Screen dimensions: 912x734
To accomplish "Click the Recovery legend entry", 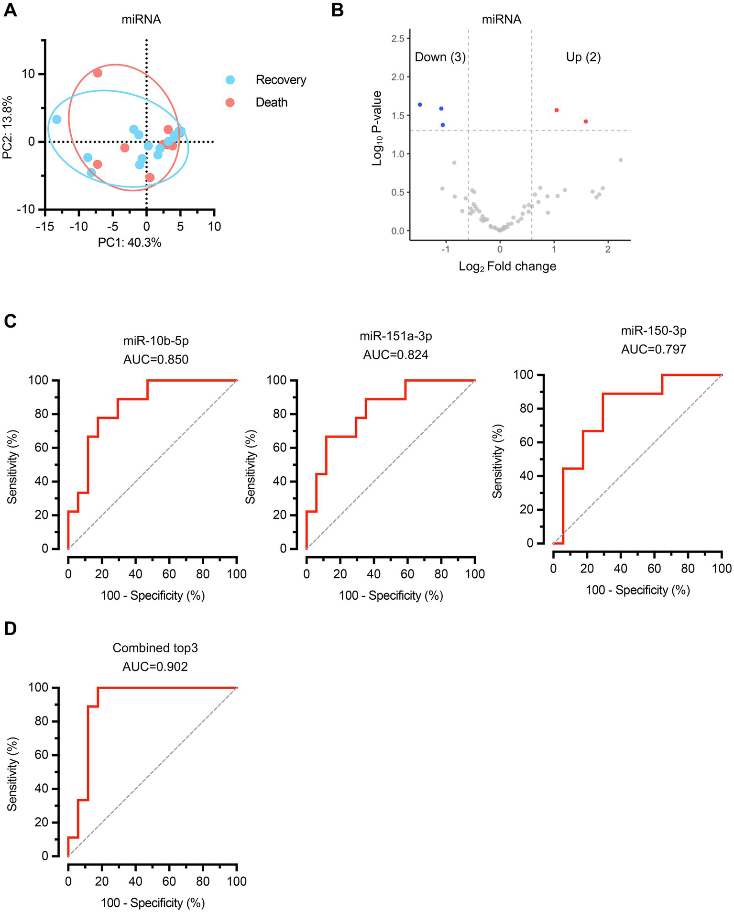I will pyautogui.click(x=280, y=80).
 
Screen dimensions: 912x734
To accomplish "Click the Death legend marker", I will pyautogui.click(x=230, y=102).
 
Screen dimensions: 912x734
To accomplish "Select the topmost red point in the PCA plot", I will pyautogui.click(x=98, y=73).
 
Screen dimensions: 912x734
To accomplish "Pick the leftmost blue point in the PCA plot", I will pyautogui.click(x=56, y=120).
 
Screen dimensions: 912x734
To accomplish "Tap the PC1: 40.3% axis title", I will pyautogui.click(x=130, y=243).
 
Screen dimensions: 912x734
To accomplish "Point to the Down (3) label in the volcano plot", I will pyautogui.click(x=440, y=57).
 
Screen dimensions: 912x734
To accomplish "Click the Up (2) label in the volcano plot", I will pyautogui.click(x=583, y=57).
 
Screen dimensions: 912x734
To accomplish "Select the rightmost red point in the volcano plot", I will pyautogui.click(x=586, y=121).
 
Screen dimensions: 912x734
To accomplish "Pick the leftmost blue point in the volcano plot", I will pyautogui.click(x=420, y=104).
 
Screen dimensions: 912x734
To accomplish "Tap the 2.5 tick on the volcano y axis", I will pyautogui.click(x=398, y=38).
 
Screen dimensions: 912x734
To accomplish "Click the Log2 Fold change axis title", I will pyautogui.click(x=507, y=266).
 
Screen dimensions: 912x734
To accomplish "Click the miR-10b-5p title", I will pyautogui.click(x=156, y=341).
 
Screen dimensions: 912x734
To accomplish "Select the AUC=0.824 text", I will pyautogui.click(x=395, y=354).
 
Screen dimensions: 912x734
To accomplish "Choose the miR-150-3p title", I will pyautogui.click(x=654, y=330).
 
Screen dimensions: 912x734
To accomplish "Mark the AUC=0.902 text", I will pyautogui.click(x=155, y=666).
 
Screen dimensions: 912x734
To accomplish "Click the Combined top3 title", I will pyautogui.click(x=155, y=648).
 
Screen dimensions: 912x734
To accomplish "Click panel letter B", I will pyautogui.click(x=337, y=11).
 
